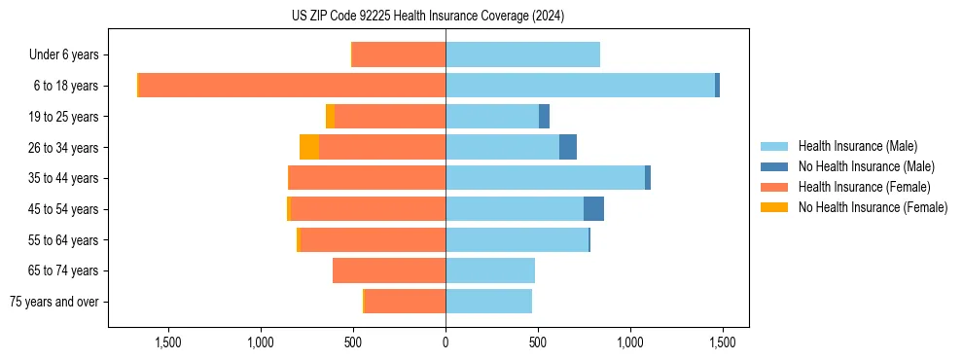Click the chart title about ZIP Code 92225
pyautogui.click(x=428, y=17)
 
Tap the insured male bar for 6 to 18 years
pyautogui.click(x=580, y=86)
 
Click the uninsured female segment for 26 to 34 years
pyautogui.click(x=309, y=147)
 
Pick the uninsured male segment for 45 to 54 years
pyautogui.click(x=593, y=209)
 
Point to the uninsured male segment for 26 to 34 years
pyautogui.click(x=568, y=147)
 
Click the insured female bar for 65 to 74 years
pyautogui.click(x=389, y=270)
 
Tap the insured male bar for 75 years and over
pyautogui.click(x=488, y=302)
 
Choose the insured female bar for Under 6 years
pyautogui.click(x=399, y=54)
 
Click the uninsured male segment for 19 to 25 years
pyautogui.click(x=544, y=117)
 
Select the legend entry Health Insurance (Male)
pyautogui.click(x=857, y=146)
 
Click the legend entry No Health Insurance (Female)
pyautogui.click(x=873, y=207)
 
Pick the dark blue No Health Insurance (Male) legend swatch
pyautogui.click(x=774, y=166)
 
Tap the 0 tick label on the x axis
pyautogui.click(x=446, y=342)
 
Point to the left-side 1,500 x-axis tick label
pyautogui.click(x=168, y=342)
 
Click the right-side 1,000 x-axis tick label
pyautogui.click(x=630, y=342)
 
